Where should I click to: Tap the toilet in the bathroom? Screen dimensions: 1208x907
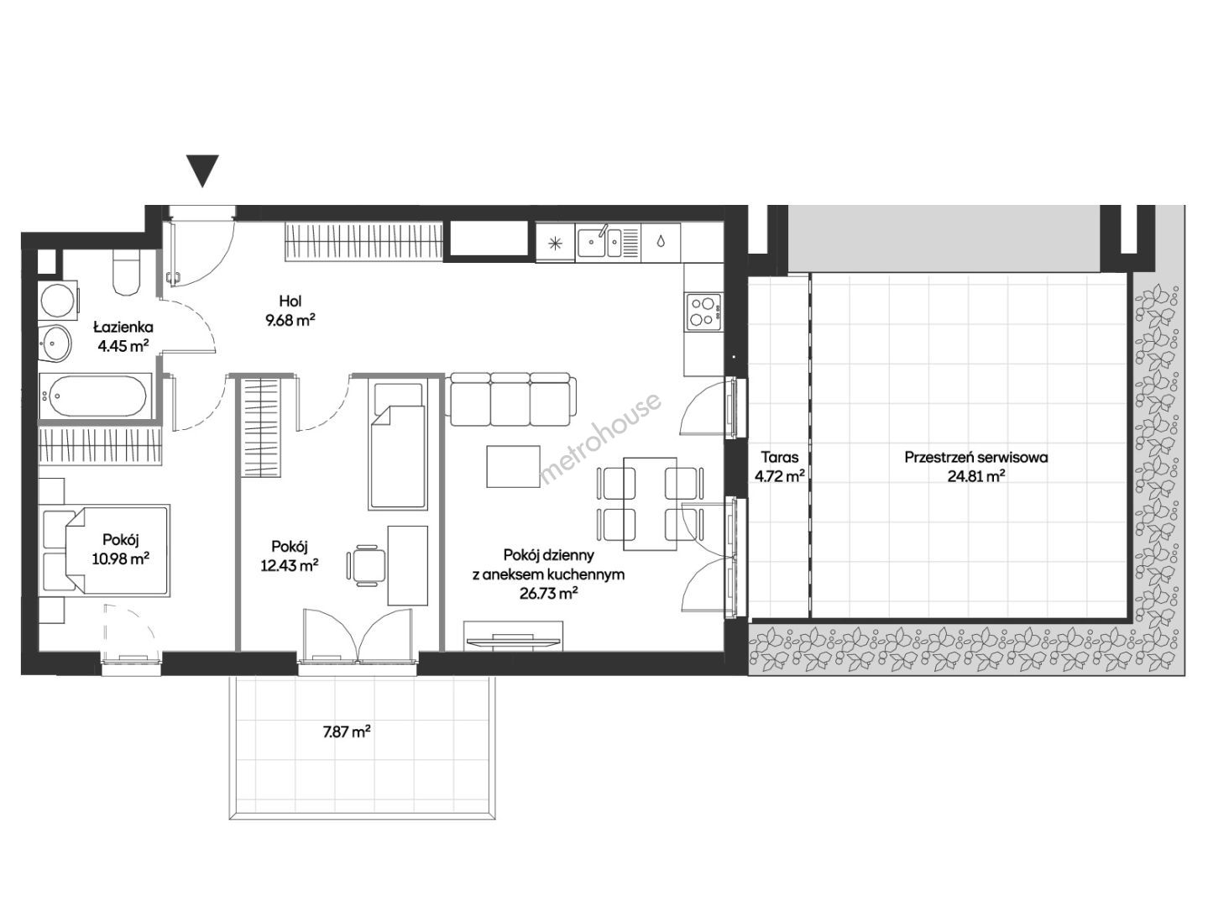tap(127, 272)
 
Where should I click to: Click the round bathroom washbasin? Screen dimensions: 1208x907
tap(55, 343)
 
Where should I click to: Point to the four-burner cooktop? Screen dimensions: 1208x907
tap(703, 312)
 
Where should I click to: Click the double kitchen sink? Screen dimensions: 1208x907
tap(608, 241)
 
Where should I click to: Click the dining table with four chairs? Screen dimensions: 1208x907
tap(650, 504)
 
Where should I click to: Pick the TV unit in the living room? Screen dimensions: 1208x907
tap(513, 636)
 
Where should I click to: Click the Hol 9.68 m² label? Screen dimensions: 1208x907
tap(290, 311)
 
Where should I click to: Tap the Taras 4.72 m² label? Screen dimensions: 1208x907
tap(780, 466)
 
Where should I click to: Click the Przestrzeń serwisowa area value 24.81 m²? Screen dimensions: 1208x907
tap(976, 476)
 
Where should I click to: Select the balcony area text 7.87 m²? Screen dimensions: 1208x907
tap(347, 732)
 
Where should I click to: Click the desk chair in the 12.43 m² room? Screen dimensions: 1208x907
tap(367, 565)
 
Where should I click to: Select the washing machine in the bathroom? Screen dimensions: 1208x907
tap(58, 300)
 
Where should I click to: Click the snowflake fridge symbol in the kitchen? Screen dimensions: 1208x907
tap(555, 242)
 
